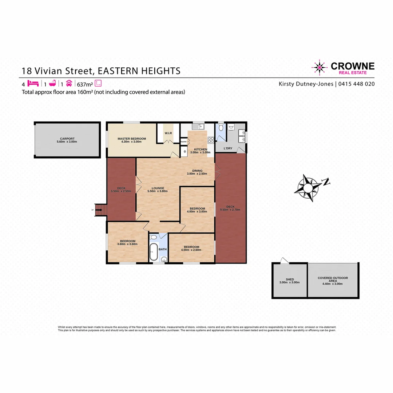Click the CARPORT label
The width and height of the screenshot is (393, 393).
[67, 139]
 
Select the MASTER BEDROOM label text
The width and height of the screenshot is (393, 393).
[132, 139]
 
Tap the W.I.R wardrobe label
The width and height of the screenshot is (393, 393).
[168, 133]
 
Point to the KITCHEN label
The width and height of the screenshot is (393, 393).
[201, 150]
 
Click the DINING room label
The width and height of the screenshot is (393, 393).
[197, 171]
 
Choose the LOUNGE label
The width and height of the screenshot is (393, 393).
[158, 188]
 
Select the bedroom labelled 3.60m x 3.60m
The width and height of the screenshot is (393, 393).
[128, 241]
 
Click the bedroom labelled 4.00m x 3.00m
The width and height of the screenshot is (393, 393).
[197, 209]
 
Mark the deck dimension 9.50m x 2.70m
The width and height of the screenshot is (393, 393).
[231, 210]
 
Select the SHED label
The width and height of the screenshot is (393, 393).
[290, 279]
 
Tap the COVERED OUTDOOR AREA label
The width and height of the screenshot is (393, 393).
[333, 278]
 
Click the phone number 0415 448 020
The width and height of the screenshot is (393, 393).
[357, 84]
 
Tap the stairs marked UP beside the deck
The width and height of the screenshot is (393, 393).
[101, 210]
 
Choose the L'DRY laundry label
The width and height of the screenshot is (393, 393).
[228, 148]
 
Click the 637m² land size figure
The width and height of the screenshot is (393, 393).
[85, 83]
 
